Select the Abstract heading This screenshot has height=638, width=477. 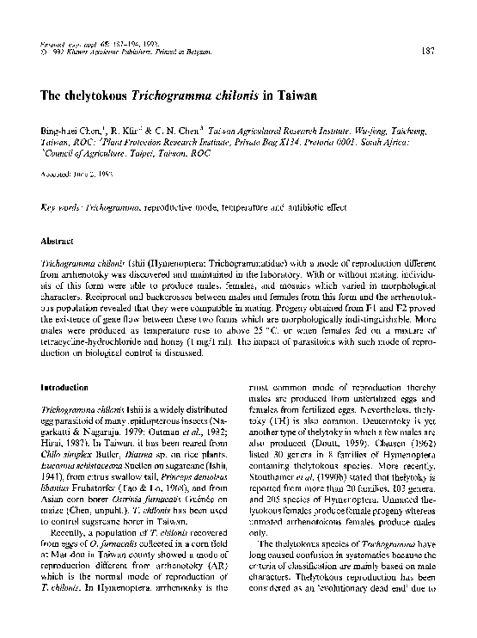point(58,243)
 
